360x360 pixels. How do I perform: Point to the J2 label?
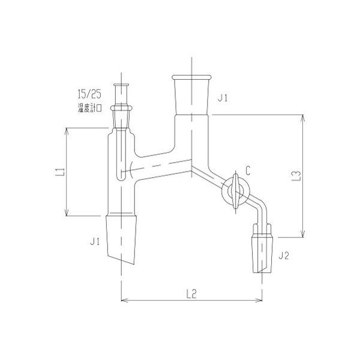(284, 256)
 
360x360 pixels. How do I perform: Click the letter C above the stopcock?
(247, 170)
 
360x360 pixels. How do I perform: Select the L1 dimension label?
(59, 173)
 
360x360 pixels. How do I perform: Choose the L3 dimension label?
(295, 176)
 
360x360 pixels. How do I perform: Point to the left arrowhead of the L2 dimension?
(124, 299)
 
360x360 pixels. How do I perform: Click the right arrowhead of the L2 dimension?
(260, 299)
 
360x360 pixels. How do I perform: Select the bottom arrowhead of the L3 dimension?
(304, 235)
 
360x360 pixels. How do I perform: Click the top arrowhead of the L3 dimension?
(304, 118)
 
